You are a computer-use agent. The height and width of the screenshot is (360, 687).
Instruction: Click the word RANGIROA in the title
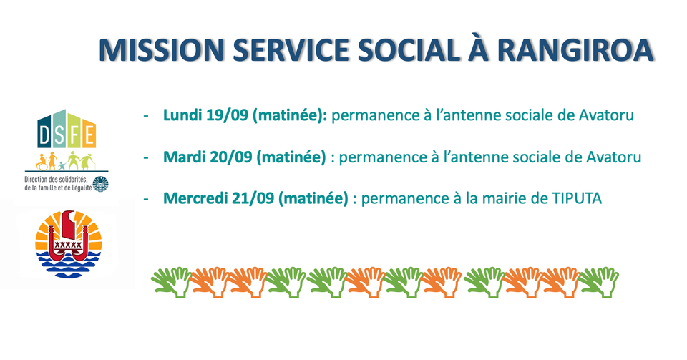pyautogui.click(x=575, y=49)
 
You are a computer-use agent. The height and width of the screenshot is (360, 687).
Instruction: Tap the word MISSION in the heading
pyautogui.click(x=162, y=49)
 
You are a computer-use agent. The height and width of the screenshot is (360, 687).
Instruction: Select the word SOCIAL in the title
pyautogui.click(x=409, y=49)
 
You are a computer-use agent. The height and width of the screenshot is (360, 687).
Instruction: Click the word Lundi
pyautogui.click(x=182, y=115)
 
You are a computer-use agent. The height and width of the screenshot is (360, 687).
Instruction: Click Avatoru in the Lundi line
pyautogui.click(x=606, y=115)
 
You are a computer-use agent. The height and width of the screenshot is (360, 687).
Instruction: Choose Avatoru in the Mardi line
pyautogui.click(x=614, y=157)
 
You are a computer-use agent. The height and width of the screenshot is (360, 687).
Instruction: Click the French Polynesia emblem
pyautogui.click(x=69, y=244)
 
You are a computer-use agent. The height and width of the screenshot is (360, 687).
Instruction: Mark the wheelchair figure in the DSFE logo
pyautogui.click(x=42, y=162)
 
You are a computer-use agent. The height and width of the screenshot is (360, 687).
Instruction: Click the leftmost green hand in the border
pyautogui.click(x=172, y=282)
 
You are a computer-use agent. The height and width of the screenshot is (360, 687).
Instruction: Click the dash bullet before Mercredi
pyautogui.click(x=146, y=199)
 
